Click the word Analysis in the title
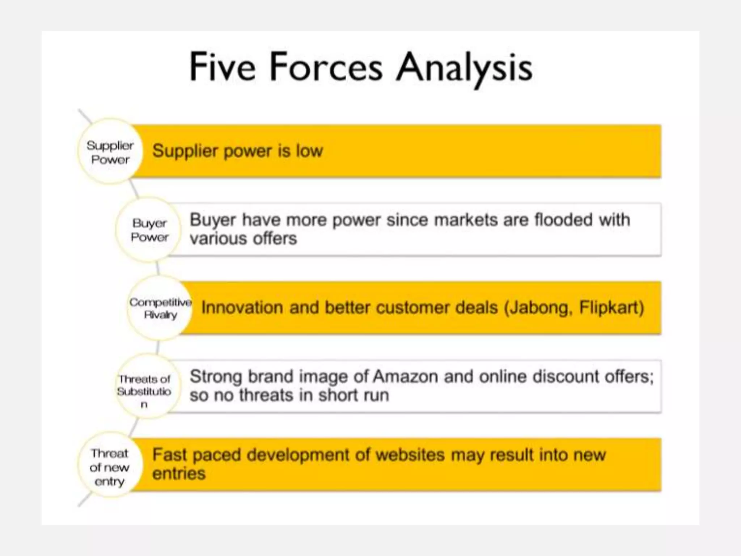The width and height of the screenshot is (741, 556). tap(464, 68)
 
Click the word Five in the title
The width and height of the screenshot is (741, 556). tap(222, 67)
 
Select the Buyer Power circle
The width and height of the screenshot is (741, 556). tap(149, 230)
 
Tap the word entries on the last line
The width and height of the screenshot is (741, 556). tap(179, 474)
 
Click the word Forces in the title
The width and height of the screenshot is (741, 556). tap(326, 67)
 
